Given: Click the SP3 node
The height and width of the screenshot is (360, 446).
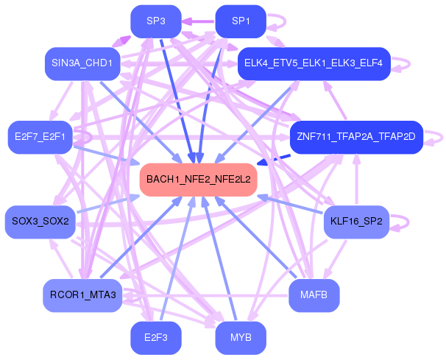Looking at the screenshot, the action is [156, 21].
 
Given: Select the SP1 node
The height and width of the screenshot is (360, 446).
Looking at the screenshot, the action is [241, 21].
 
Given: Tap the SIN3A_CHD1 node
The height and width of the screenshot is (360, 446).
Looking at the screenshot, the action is [82, 64].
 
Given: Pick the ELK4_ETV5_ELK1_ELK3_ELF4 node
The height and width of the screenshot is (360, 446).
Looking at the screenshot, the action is [314, 64].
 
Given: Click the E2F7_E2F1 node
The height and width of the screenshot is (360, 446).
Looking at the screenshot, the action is [40, 138].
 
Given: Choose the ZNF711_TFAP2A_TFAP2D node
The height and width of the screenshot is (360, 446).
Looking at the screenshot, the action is [356, 138].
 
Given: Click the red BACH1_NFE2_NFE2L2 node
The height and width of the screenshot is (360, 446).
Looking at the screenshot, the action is [198, 180].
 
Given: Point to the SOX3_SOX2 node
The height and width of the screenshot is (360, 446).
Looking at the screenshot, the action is [40, 222].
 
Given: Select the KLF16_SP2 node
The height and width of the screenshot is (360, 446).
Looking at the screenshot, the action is [356, 222].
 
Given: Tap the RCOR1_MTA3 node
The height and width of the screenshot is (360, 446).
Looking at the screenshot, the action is [82, 296].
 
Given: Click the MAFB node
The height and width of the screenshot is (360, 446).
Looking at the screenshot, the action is [314, 296].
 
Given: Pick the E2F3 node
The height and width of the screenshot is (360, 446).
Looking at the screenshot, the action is [156, 338].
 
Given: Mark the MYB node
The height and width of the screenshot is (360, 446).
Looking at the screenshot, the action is [241, 338].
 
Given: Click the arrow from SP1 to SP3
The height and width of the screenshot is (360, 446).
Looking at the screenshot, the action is [198, 21].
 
